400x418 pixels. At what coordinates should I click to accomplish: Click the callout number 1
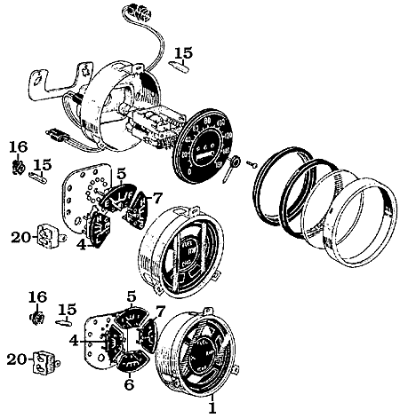212,408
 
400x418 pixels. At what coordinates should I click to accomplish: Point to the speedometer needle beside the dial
230,168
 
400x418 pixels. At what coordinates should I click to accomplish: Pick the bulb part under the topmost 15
180,65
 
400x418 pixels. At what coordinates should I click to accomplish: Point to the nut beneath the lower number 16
36,315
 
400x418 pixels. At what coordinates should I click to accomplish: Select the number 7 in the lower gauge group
160,311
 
